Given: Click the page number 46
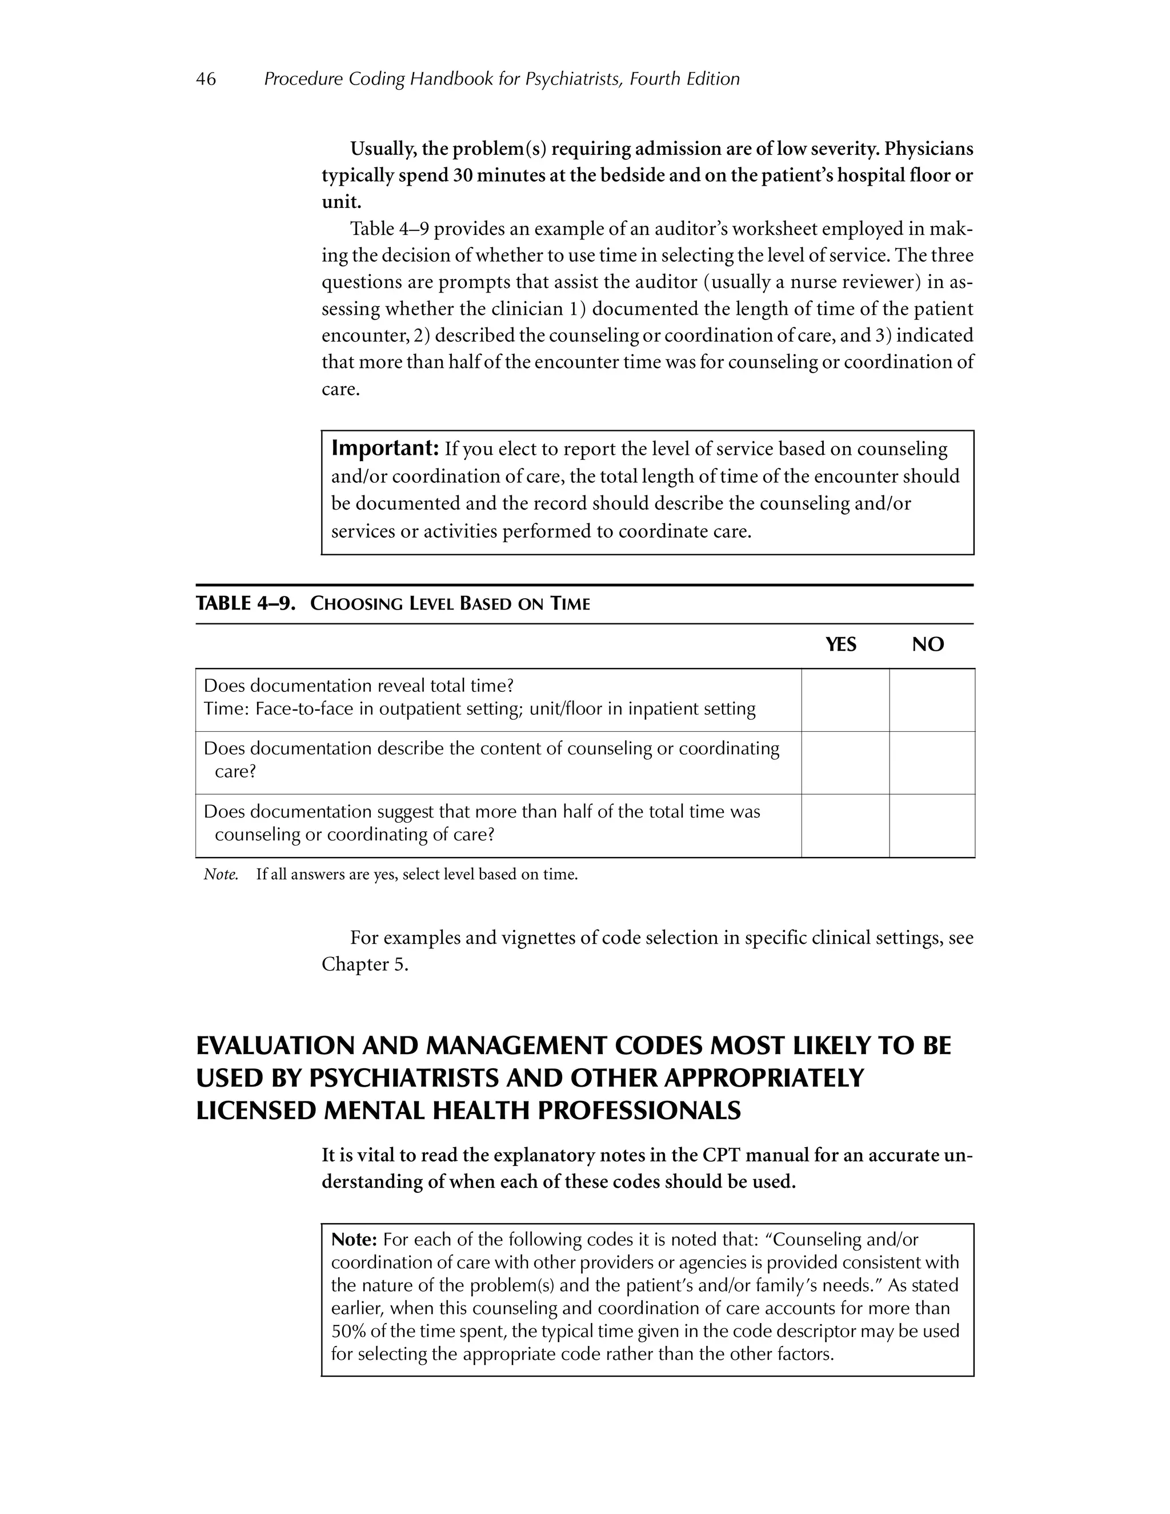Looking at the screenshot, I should click(206, 79).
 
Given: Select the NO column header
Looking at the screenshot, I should click(927, 644).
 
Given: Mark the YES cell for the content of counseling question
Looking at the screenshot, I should click(845, 763).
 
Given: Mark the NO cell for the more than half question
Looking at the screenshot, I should click(932, 826).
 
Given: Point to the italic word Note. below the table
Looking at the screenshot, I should click(221, 875).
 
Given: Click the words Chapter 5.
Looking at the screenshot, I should click(364, 964).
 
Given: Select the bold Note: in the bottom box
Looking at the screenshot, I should click(354, 1240).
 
